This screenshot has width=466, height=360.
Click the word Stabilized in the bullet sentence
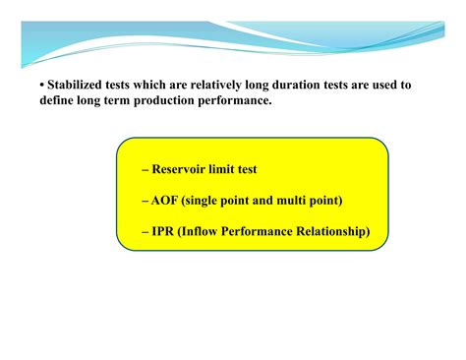(77, 86)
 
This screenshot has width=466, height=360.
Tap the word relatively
(222, 86)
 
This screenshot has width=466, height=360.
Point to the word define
(61, 102)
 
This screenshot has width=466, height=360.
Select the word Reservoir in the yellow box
(184, 169)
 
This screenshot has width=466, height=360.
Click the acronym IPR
(165, 232)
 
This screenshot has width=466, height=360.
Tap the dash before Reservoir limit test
(145, 170)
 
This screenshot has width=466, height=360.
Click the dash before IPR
(145, 233)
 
